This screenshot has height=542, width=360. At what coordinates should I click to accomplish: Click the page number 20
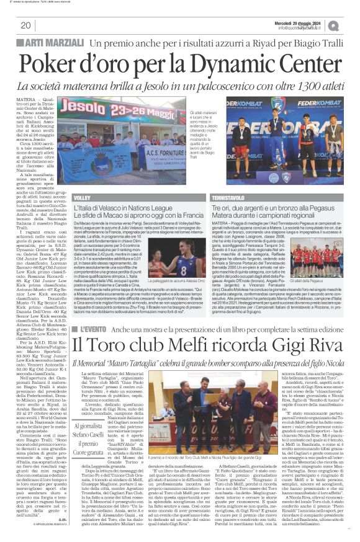[x=25, y=25]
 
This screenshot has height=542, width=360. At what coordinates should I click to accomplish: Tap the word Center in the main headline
[x=295, y=63]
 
